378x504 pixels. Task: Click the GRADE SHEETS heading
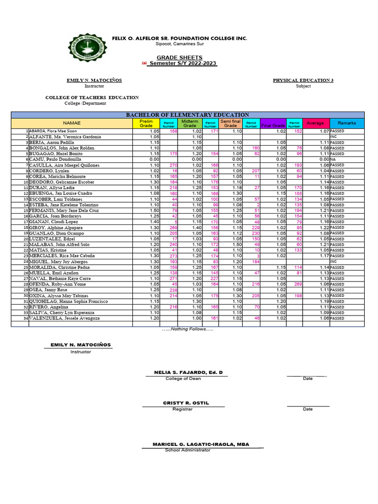[x=172, y=58]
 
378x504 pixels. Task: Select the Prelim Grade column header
[x=147, y=124]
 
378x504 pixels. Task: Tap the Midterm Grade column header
[x=189, y=124]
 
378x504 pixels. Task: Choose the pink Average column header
[x=315, y=123]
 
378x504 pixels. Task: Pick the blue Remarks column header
[x=346, y=123]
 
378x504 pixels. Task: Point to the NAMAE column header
[x=71, y=123]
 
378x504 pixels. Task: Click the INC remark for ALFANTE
[x=333, y=137]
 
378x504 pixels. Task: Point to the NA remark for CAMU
[x=333, y=159]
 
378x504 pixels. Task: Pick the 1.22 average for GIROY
[x=323, y=228]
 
